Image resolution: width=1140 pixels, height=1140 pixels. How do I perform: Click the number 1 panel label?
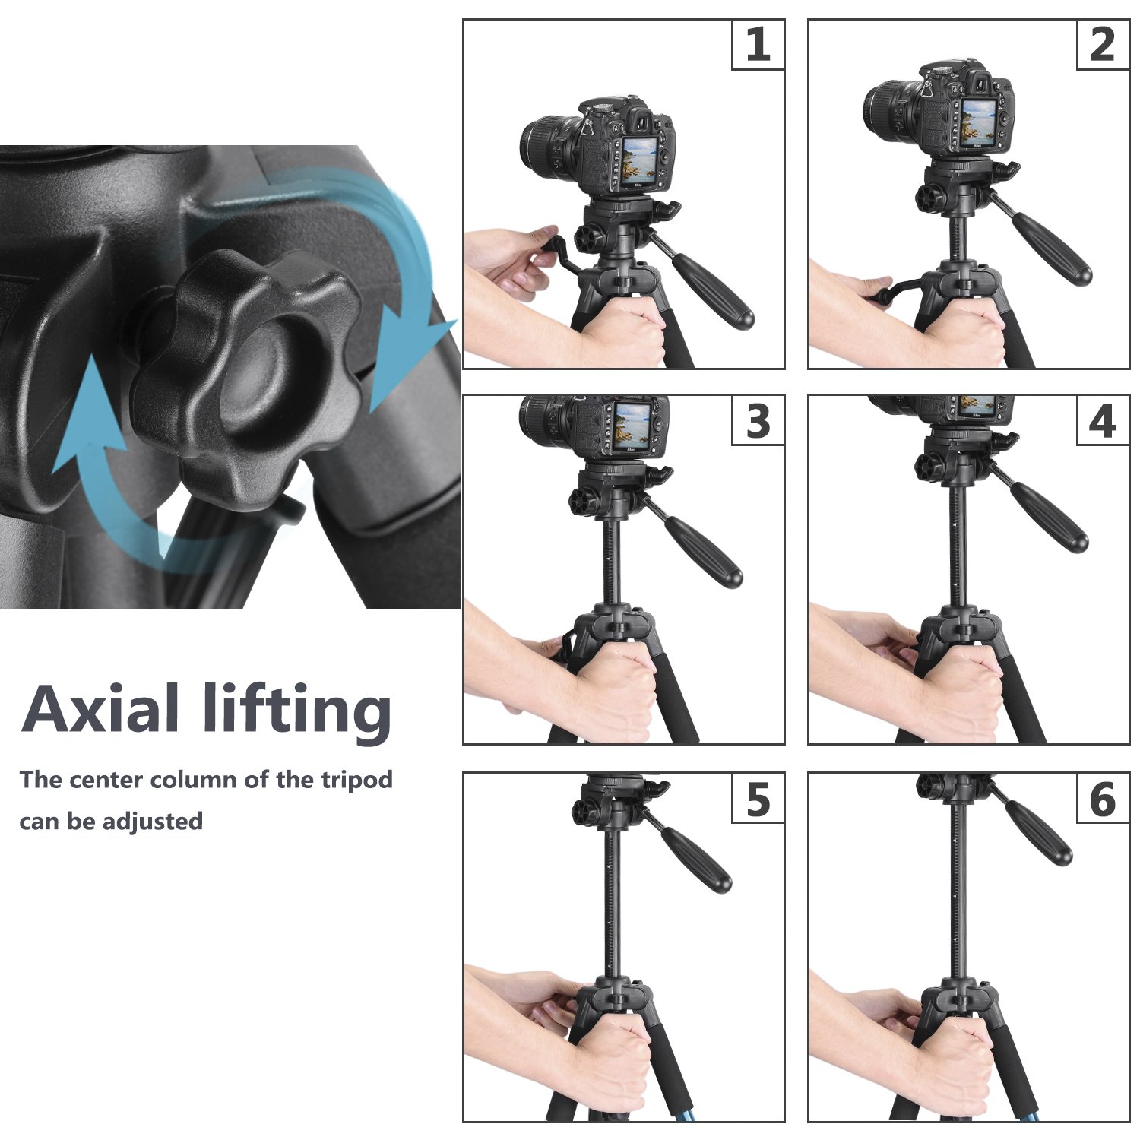point(758,45)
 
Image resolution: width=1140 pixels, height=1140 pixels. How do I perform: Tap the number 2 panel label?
point(1103,45)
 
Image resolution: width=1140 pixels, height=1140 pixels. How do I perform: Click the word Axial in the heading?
point(100,708)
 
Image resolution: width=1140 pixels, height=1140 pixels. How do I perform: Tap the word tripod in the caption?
point(356,781)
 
